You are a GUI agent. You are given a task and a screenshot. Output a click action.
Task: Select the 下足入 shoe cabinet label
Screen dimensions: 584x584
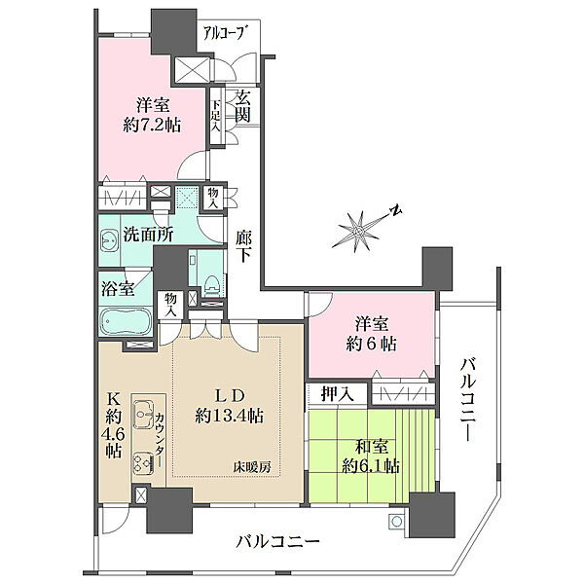216,114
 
